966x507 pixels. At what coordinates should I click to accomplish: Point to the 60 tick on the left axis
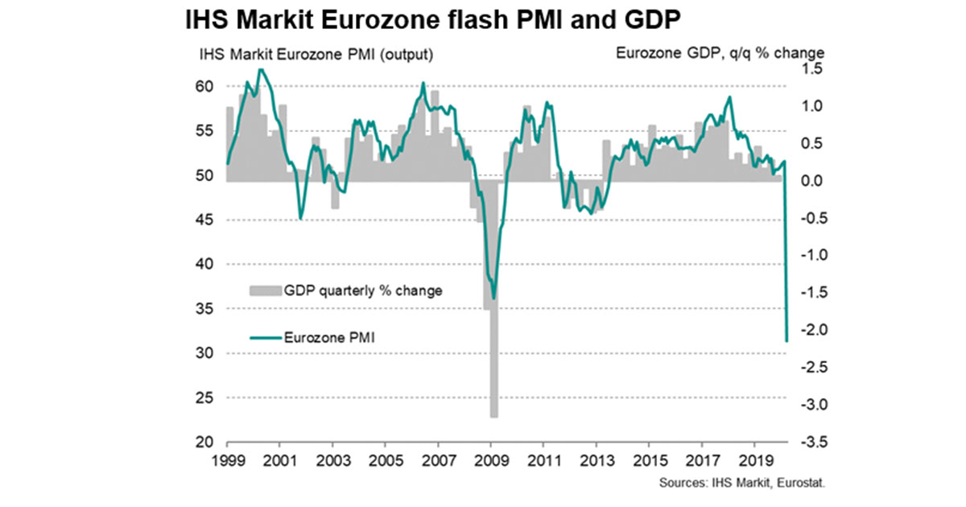[x=205, y=86]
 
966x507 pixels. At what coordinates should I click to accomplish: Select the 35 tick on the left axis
[x=205, y=309]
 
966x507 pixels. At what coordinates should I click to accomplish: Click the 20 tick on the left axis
[x=205, y=443]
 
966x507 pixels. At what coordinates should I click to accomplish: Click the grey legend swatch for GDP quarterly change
[x=263, y=291]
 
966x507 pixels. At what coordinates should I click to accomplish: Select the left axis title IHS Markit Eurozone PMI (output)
[x=317, y=55]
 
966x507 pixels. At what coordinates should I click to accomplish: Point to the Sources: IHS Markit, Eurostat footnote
[x=744, y=483]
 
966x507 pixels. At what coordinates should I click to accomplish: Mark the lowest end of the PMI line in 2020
[x=786, y=341]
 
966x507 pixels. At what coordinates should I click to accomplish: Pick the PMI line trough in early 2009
[x=493, y=298]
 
